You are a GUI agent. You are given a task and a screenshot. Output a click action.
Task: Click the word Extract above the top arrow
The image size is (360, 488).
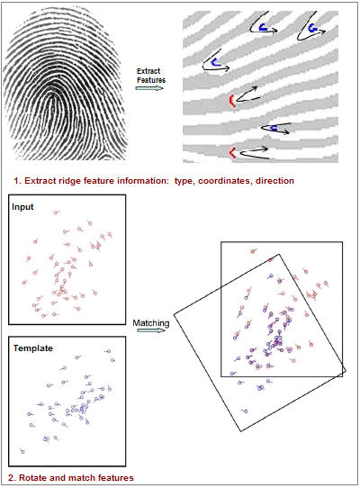click(x=148, y=71)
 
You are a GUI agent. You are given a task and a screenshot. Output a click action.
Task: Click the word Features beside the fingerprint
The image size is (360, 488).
click(x=151, y=80)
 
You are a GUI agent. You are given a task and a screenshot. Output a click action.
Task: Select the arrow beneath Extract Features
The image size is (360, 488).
click(x=149, y=88)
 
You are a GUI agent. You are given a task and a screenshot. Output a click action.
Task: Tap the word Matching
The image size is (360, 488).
click(x=151, y=323)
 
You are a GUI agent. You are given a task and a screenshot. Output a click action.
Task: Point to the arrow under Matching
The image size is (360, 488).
click(x=151, y=330)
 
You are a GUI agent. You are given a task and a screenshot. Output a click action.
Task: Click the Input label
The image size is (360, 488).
click(x=22, y=207)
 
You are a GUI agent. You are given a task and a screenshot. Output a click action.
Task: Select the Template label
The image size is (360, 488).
click(x=33, y=348)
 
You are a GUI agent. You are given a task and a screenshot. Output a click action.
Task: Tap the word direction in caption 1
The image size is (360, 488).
click(x=274, y=180)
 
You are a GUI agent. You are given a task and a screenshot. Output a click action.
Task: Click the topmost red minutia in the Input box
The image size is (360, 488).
click(x=56, y=212)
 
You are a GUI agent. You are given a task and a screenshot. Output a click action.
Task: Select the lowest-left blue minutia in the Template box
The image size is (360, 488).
click(x=22, y=451)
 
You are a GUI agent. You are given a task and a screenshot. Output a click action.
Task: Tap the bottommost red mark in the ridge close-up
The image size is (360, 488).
click(x=231, y=153)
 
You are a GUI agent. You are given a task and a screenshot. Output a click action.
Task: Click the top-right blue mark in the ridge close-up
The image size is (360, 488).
click(x=312, y=28)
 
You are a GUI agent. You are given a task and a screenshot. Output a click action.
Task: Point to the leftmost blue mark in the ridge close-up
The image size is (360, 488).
click(x=215, y=62)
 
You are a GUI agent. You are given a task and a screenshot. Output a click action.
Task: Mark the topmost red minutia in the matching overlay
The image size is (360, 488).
click(x=253, y=251)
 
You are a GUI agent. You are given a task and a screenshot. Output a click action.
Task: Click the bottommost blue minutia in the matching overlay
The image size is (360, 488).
click(x=245, y=411)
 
